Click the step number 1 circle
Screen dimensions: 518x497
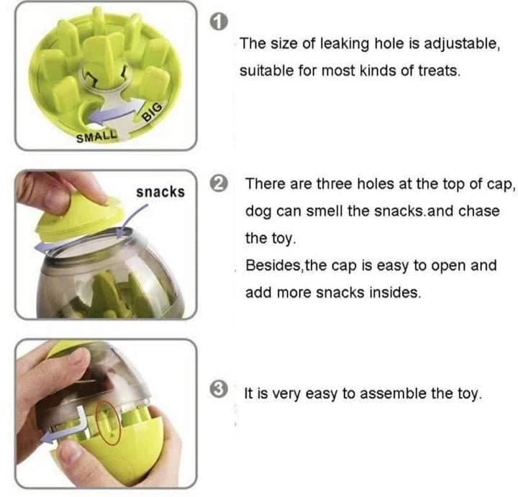coord(219,22)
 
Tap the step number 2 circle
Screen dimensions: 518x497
coord(219,183)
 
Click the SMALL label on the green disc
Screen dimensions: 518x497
coord(97,137)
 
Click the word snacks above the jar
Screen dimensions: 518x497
coord(160,192)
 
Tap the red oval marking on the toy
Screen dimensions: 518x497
coord(108,423)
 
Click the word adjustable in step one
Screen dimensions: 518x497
coord(462,44)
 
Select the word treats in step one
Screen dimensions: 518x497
coord(439,70)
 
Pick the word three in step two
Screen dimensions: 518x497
coord(335,183)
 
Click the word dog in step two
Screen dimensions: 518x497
coord(259,211)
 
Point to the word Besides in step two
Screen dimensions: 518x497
coord(273,265)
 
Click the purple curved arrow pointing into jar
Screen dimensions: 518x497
coord(133,219)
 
